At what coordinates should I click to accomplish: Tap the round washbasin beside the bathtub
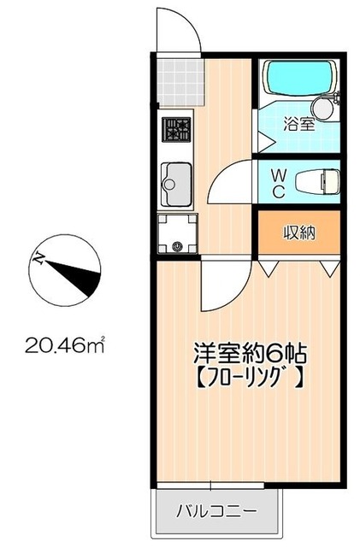[323, 106]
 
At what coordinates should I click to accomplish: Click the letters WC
[278, 182]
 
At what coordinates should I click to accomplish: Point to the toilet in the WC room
[316, 181]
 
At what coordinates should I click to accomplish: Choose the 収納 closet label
[299, 232]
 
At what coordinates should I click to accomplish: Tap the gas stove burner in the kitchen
[177, 129]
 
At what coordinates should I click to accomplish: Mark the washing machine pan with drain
[176, 234]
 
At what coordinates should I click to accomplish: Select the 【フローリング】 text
[247, 375]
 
